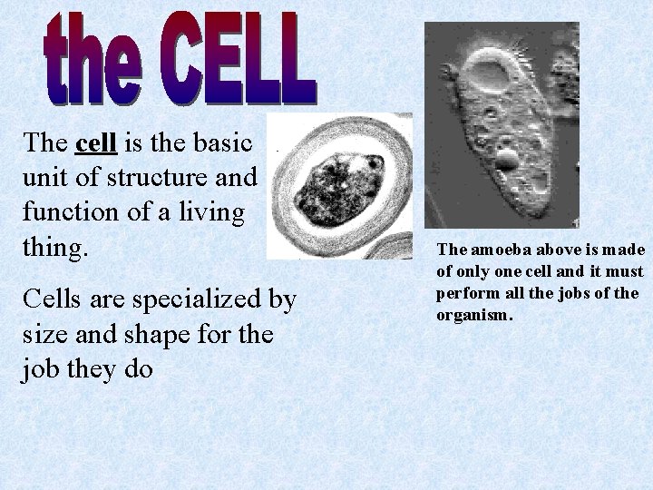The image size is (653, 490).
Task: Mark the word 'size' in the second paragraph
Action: [42, 335]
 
